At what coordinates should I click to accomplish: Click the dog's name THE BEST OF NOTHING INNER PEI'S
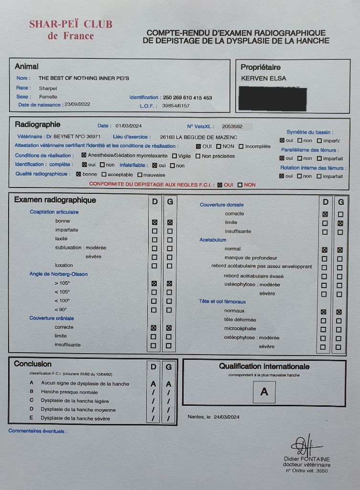click(x=84, y=78)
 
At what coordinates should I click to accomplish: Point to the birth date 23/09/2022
click(x=77, y=104)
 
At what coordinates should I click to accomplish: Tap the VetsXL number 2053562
click(x=232, y=127)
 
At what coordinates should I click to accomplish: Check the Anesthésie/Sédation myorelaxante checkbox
click(x=84, y=155)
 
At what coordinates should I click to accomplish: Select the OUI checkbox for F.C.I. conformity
click(x=220, y=185)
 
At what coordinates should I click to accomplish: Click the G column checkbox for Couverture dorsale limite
click(x=340, y=223)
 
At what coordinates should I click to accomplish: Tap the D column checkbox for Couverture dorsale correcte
click(x=325, y=214)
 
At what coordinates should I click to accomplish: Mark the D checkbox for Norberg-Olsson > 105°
click(x=154, y=283)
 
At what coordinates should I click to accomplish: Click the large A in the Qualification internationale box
click(x=264, y=392)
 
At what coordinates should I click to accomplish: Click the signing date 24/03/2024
click(x=228, y=417)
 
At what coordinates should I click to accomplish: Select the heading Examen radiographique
click(x=55, y=200)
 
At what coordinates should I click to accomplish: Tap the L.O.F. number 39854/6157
click(x=176, y=106)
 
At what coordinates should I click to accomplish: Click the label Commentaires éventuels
click(x=37, y=431)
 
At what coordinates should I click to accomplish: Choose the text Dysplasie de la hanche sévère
click(x=75, y=418)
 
